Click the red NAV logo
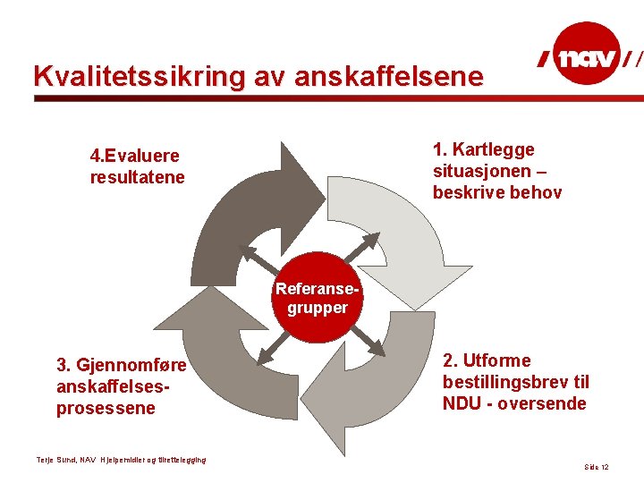click(587, 59)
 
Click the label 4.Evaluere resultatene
click(137, 166)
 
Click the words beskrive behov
click(497, 192)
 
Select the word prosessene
click(106, 409)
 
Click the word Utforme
click(496, 361)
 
